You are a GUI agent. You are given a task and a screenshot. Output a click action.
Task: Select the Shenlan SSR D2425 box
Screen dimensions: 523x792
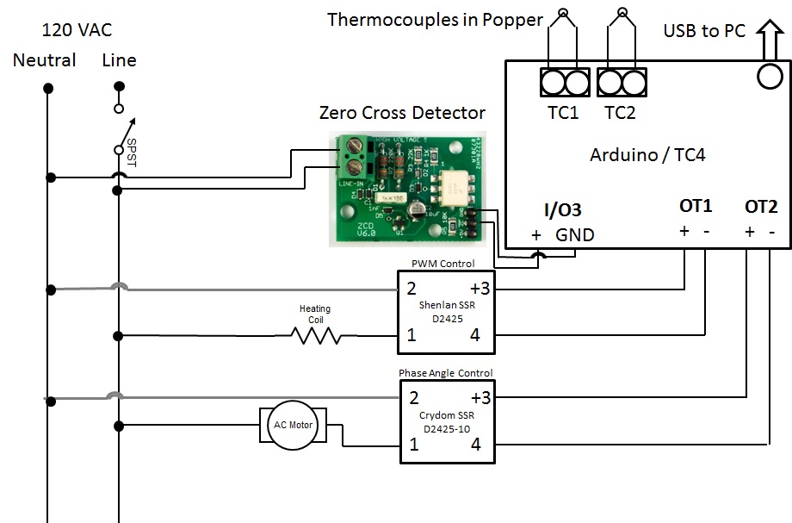(445, 311)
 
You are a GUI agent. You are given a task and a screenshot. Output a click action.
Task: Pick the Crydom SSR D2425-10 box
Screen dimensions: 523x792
(445, 421)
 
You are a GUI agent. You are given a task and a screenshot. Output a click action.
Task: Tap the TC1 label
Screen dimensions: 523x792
(563, 112)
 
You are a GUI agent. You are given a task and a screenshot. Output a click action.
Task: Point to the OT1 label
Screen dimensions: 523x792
(696, 207)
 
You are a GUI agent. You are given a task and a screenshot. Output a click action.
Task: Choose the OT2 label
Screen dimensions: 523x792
(761, 207)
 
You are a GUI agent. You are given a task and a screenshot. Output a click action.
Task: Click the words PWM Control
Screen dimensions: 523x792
(445, 263)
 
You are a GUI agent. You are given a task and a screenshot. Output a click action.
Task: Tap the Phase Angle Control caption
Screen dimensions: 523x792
(445, 373)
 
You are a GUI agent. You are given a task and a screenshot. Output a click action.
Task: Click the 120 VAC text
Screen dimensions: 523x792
(77, 31)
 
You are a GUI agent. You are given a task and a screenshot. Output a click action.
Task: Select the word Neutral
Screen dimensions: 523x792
(44, 60)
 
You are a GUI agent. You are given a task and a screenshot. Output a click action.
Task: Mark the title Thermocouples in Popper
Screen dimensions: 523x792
(435, 19)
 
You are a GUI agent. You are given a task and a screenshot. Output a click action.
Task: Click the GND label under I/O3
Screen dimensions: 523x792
(574, 234)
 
